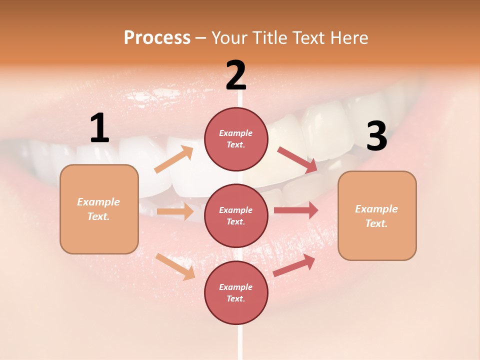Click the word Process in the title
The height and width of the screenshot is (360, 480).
point(157,38)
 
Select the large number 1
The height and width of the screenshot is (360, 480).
point(99,128)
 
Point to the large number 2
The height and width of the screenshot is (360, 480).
point(236,75)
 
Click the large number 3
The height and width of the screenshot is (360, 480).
point(376,136)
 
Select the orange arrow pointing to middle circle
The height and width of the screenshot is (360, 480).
point(175,211)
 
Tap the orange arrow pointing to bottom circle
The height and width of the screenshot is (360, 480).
point(175,266)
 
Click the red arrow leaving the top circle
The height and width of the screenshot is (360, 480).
point(297,159)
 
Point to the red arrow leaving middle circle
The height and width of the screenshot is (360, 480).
point(296,210)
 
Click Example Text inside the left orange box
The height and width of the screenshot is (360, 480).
point(98,209)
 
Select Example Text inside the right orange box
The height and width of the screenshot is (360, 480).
point(376,216)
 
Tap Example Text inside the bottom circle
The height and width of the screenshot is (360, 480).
point(236,292)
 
